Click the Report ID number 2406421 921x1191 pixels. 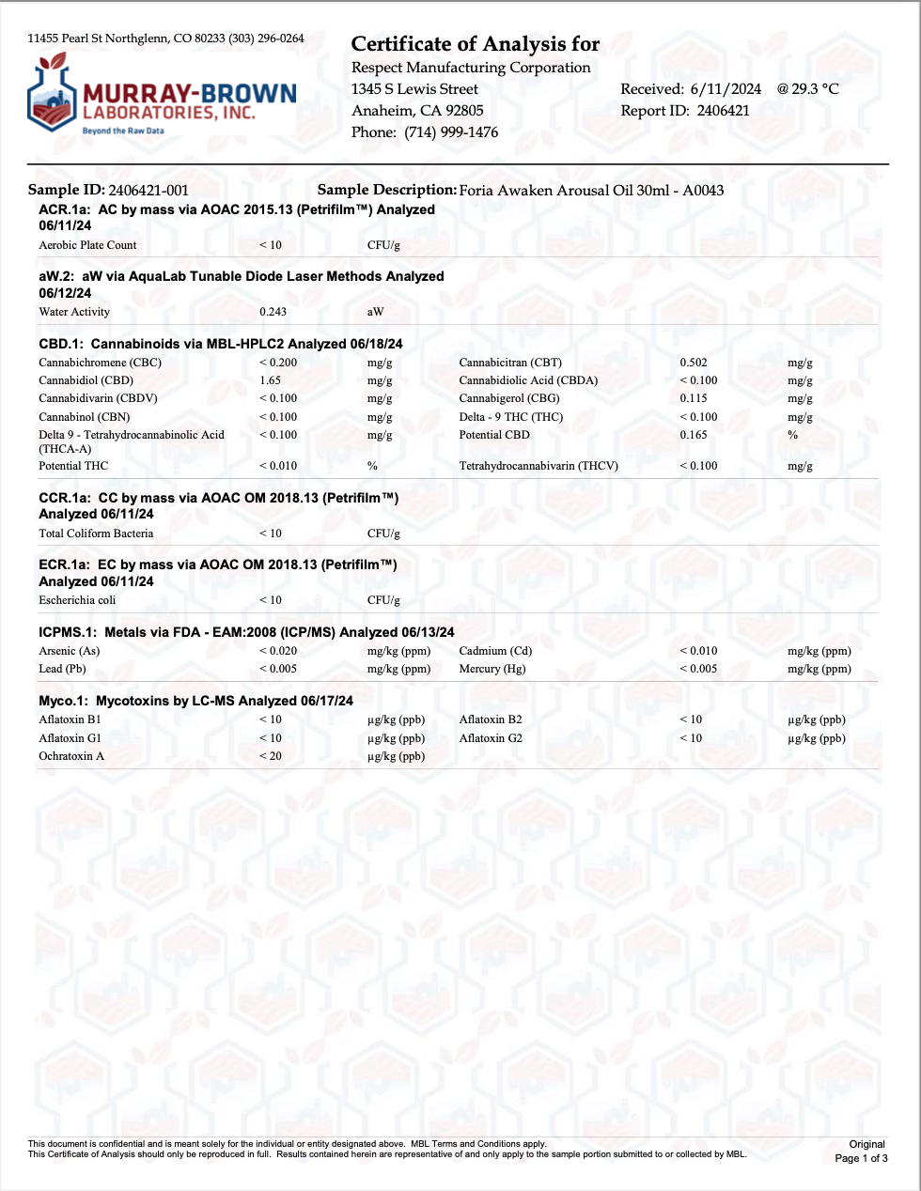tap(723, 111)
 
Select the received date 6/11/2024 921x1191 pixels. tap(726, 89)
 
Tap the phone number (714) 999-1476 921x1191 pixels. tap(451, 132)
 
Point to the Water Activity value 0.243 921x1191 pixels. tap(273, 312)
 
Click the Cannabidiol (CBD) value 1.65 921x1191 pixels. tap(270, 380)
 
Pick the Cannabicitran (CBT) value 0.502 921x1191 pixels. tap(694, 363)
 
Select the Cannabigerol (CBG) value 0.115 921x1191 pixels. tap(694, 398)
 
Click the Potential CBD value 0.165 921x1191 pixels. tap(694, 435)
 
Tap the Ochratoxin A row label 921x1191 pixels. tap(71, 756)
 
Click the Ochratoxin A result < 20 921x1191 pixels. tap(271, 756)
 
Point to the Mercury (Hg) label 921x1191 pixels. tap(492, 669)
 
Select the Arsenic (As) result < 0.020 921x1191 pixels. tap(278, 651)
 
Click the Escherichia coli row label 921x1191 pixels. tap(77, 600)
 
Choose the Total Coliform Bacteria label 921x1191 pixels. tap(96, 534)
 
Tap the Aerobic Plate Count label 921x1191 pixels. tap(87, 245)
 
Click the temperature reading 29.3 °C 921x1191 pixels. tap(815, 89)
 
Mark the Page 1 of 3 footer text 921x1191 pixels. tap(861, 1158)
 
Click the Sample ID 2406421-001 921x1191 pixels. tap(148, 191)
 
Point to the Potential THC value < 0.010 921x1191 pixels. tap(278, 466)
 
